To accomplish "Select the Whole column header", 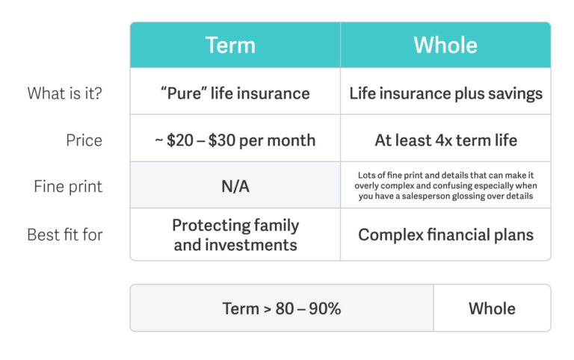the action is (x=445, y=45).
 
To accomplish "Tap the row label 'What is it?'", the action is (x=64, y=93).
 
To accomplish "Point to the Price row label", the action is (x=84, y=140).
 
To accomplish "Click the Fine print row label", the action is (x=68, y=186).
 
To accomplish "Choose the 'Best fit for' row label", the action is (x=65, y=235).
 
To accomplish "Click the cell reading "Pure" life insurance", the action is (x=235, y=91).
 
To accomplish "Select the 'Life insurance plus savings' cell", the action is (x=445, y=91).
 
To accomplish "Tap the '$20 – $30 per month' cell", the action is (x=235, y=138).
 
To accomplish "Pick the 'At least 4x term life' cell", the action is (x=445, y=138).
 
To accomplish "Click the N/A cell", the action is (x=235, y=184).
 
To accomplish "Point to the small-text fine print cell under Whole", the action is (x=445, y=184).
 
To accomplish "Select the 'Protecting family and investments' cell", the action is (x=235, y=235).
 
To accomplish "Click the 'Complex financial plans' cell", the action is (x=445, y=235).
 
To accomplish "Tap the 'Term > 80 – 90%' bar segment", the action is (x=282, y=308).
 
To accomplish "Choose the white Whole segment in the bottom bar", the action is (x=492, y=308).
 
